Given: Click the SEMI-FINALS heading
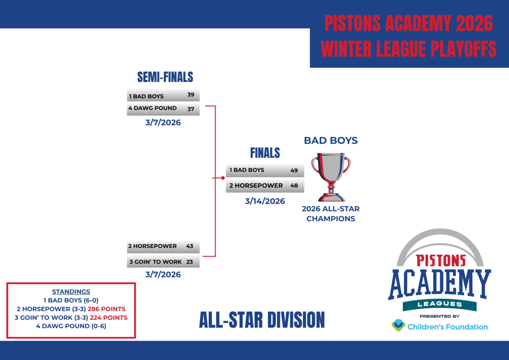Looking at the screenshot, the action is tap(165, 77).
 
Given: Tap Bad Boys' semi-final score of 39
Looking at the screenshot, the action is tap(191, 94).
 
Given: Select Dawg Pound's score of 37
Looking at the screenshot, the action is tap(191, 109).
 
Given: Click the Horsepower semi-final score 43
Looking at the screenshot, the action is tap(189, 246).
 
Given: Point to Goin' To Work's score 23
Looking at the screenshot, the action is tap(189, 262).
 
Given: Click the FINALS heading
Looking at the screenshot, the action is tap(265, 153).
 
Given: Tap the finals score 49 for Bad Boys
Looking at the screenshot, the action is tap(294, 171).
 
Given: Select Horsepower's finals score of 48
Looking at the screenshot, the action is tap(294, 185).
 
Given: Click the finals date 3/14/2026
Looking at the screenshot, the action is tap(265, 201).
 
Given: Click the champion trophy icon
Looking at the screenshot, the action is tap(331, 177).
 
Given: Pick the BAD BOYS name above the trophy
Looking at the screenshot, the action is tap(331, 141).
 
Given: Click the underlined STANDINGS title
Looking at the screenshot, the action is tap(71, 291).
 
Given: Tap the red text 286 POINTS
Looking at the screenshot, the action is tap(106, 309).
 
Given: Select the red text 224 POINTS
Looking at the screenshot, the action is tap(109, 317).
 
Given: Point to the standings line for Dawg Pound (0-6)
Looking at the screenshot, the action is tap(71, 326).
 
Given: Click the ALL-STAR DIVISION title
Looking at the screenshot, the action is tap(262, 320).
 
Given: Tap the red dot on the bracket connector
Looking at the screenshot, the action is tap(223, 178).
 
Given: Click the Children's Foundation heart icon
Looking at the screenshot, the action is tap(398, 325).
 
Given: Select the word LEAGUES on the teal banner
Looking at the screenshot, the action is tap(440, 304).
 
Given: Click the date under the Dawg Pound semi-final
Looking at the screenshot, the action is tap(163, 123).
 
